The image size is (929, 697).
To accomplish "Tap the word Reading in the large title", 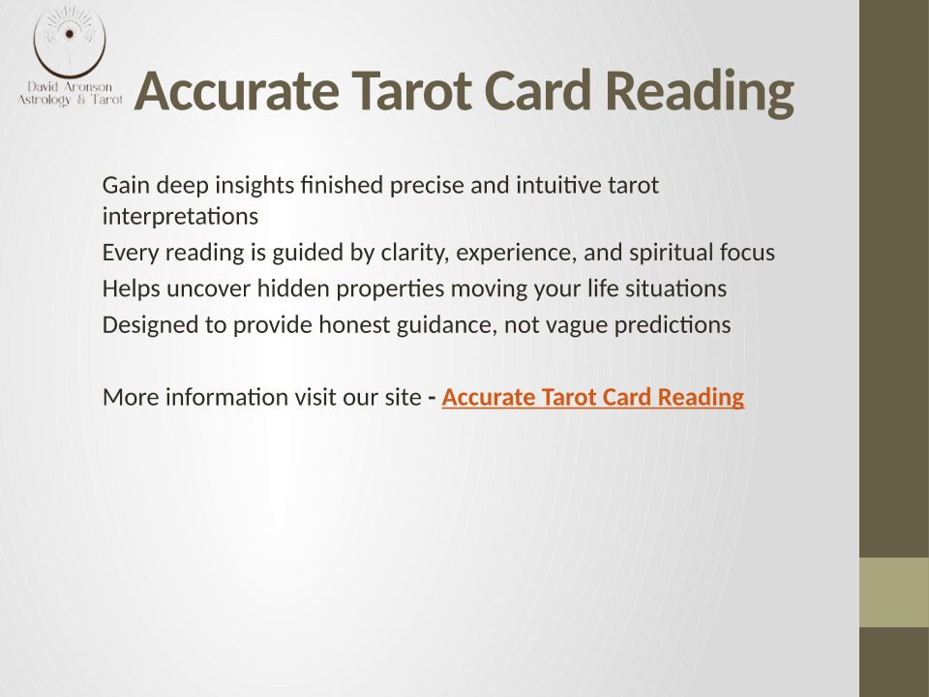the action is [x=699, y=93].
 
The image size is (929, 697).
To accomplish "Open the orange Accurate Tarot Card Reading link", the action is [x=592, y=397].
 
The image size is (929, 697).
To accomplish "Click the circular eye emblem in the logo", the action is [x=70, y=39].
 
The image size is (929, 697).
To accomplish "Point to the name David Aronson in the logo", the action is [x=70, y=86].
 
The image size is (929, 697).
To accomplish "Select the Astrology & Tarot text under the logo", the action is [x=70, y=100].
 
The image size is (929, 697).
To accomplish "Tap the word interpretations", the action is [x=180, y=216].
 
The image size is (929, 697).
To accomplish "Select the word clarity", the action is [x=415, y=253].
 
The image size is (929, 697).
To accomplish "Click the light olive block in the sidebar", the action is [x=894, y=592].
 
